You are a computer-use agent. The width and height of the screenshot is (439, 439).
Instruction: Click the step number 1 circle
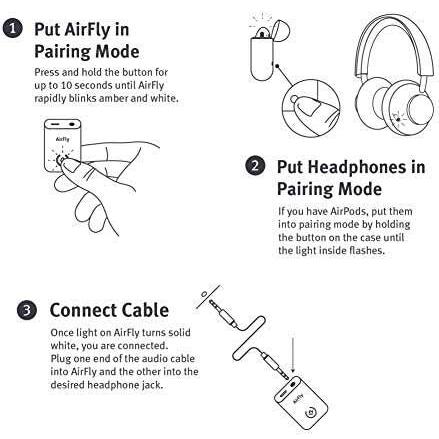coord(12,28)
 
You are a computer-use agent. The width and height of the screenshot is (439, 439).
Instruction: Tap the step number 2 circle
coord(255,166)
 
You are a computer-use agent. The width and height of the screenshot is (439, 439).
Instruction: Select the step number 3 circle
coord(27,310)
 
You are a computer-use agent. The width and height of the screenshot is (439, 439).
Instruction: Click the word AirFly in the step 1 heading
coord(87,30)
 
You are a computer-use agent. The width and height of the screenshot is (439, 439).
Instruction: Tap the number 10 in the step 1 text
coord(66,85)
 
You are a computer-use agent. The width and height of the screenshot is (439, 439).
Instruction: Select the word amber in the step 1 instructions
coord(113,98)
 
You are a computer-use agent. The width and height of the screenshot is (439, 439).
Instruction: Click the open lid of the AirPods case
coord(279,30)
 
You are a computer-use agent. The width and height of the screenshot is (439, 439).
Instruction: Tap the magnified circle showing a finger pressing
coord(311,108)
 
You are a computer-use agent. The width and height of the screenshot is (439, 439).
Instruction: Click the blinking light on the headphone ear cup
coord(398,118)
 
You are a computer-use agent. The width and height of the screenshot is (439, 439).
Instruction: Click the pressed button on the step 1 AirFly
coord(61,158)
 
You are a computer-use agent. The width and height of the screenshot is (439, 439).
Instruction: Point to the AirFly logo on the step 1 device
coord(63,139)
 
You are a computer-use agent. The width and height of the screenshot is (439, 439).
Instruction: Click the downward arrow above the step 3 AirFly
coord(293,355)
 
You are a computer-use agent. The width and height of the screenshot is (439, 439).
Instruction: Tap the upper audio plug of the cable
coord(222,312)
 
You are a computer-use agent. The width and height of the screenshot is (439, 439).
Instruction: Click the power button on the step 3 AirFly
coord(311,413)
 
